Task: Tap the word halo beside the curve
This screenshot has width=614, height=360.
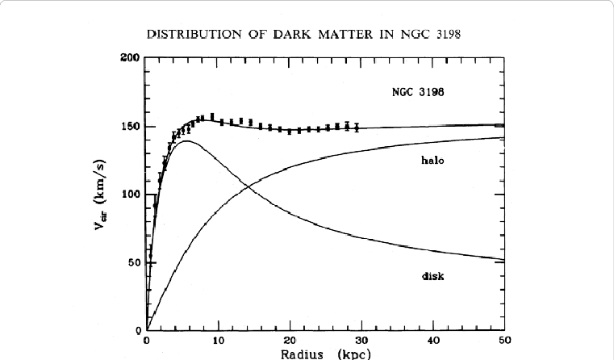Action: tap(434, 160)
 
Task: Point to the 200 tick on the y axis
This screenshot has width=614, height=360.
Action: tap(130, 58)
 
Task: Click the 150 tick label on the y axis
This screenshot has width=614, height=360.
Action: tap(130, 127)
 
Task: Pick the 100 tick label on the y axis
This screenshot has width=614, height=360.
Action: tap(130, 195)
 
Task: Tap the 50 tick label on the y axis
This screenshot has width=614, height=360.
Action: tap(133, 263)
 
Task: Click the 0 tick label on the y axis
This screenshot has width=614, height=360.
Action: tap(137, 330)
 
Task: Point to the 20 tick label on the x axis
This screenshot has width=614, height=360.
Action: tap(290, 341)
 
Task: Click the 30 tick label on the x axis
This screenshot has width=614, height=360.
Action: tap(361, 341)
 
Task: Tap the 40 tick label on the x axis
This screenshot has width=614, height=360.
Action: tap(433, 341)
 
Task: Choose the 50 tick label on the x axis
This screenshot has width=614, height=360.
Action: tap(503, 341)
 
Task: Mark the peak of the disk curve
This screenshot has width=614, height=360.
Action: tap(187, 141)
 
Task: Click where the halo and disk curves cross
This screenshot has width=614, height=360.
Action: tap(248, 187)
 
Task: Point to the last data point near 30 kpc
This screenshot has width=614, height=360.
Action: tap(357, 127)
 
